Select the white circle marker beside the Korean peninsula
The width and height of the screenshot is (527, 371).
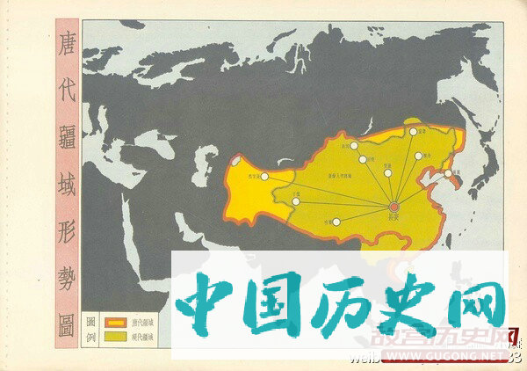pos(448,174)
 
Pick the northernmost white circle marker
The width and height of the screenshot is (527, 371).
pos(413,132)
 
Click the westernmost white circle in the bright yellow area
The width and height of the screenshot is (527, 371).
pos(264,177)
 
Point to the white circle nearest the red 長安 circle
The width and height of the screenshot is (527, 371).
pos(387,173)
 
